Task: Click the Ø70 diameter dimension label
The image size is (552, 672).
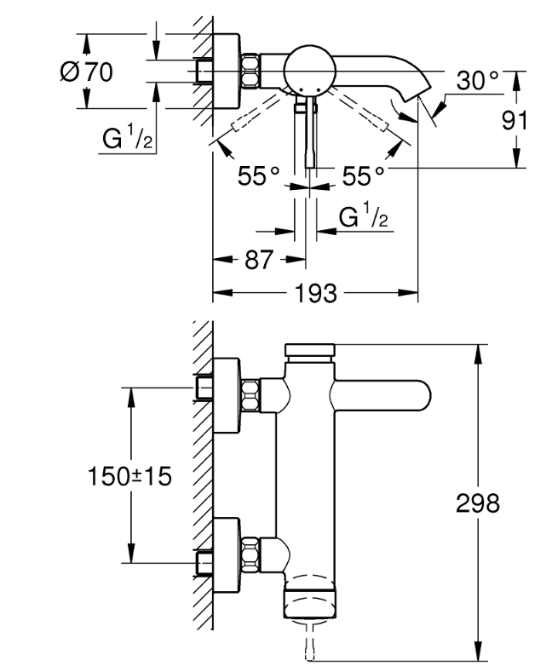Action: [x=87, y=72]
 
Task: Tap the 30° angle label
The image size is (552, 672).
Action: [x=477, y=81]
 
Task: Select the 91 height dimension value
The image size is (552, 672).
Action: [x=515, y=120]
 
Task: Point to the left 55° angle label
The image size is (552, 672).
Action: [x=258, y=175]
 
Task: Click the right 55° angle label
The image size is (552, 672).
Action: [x=364, y=175]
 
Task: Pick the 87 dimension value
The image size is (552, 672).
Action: [x=259, y=259]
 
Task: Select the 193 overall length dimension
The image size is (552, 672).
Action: [x=316, y=294]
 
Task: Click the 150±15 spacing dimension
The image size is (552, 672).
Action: [x=129, y=476]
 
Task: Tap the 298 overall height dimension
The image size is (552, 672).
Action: [x=477, y=503]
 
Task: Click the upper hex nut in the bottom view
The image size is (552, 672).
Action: [x=250, y=396]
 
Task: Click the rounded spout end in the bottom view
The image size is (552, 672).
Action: [x=423, y=395]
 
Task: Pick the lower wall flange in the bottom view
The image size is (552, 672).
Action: [x=226, y=555]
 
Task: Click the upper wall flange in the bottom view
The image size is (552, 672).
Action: [x=226, y=396]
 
